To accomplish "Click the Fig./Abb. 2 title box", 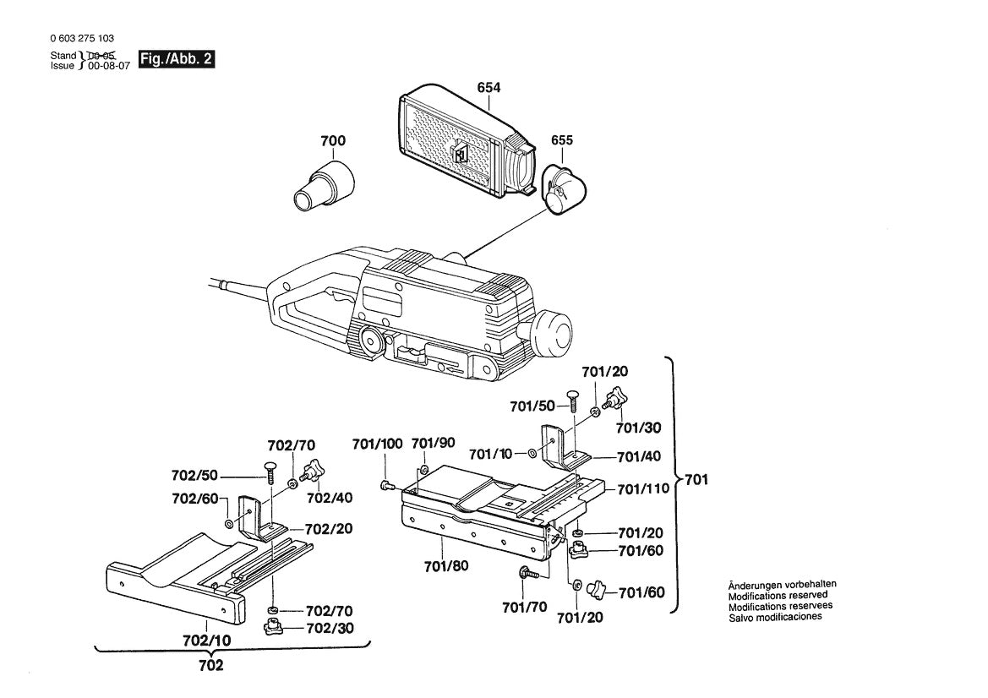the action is click(x=177, y=59).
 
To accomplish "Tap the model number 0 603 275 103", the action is click(x=82, y=38).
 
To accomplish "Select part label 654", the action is click(x=489, y=88).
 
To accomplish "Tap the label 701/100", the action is click(x=377, y=444).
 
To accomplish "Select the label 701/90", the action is click(x=433, y=444).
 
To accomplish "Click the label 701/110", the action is click(x=642, y=488).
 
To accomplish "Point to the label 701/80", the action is click(x=446, y=566).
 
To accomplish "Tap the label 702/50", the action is click(x=194, y=476).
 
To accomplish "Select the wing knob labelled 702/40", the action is click(x=313, y=472).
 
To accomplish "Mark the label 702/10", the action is click(x=207, y=641).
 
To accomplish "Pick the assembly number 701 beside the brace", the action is click(x=696, y=480).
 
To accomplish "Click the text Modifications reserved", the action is click(x=778, y=595).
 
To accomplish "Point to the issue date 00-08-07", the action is click(x=109, y=66).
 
